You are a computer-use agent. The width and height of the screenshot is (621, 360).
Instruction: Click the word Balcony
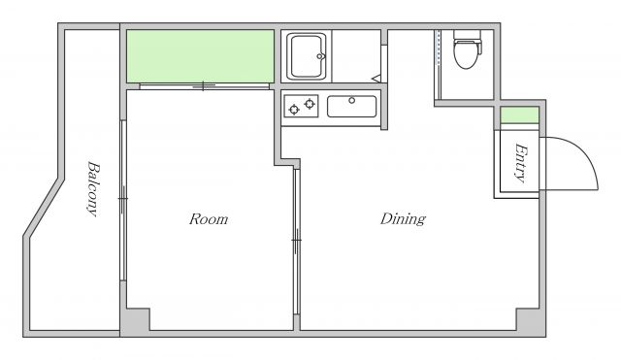tap(93, 188)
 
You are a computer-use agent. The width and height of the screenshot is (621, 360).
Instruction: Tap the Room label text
tap(209, 219)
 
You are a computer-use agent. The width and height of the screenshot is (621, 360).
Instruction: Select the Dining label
tap(403, 219)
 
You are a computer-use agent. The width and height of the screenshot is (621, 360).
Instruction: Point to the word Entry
tap(521, 163)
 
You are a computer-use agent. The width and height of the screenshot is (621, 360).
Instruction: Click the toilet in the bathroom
tap(468, 49)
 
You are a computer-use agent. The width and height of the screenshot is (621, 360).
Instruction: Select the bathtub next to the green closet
tap(307, 56)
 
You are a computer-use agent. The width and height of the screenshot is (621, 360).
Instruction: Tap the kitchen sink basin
tap(351, 106)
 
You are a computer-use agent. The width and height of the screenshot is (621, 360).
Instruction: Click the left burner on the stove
tap(294, 110)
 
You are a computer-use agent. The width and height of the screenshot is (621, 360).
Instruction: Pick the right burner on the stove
tap(310, 104)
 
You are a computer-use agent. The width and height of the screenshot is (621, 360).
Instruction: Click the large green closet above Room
tap(201, 56)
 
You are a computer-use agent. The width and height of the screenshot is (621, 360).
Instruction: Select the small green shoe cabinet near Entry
tap(519, 115)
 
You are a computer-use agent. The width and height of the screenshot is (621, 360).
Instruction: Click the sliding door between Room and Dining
tap(297, 242)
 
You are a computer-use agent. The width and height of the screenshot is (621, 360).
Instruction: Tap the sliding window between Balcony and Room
tap(123, 201)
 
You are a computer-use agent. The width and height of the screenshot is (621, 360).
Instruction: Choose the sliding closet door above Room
tap(205, 86)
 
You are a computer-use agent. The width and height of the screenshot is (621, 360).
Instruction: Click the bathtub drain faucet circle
tap(319, 56)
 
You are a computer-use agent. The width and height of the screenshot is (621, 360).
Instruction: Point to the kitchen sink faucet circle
tap(351, 101)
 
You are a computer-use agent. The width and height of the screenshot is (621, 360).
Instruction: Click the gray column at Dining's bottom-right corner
tap(530, 321)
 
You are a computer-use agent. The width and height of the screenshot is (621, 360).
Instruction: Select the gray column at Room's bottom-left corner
tap(135, 321)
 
